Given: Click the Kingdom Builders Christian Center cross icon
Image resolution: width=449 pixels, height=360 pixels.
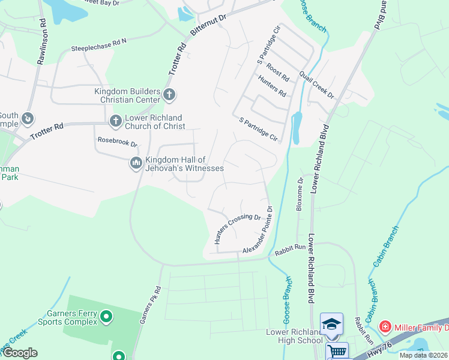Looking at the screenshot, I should [x=169, y=94].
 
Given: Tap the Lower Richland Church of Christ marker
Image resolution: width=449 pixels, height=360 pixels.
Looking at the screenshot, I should [x=115, y=121].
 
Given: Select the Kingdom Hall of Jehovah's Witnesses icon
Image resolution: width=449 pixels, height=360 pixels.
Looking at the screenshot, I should [x=136, y=163].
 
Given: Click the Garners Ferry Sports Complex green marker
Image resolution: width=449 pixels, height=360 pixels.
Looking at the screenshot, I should [x=106, y=316].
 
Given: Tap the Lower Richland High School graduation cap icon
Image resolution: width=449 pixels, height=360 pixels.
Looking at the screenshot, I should [x=331, y=324].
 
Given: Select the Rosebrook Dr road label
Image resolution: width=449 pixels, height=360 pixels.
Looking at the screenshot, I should [x=118, y=143].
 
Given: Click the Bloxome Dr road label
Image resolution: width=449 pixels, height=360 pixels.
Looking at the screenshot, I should [x=299, y=194].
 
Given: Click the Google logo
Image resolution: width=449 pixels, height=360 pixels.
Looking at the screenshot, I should [x=19, y=353].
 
